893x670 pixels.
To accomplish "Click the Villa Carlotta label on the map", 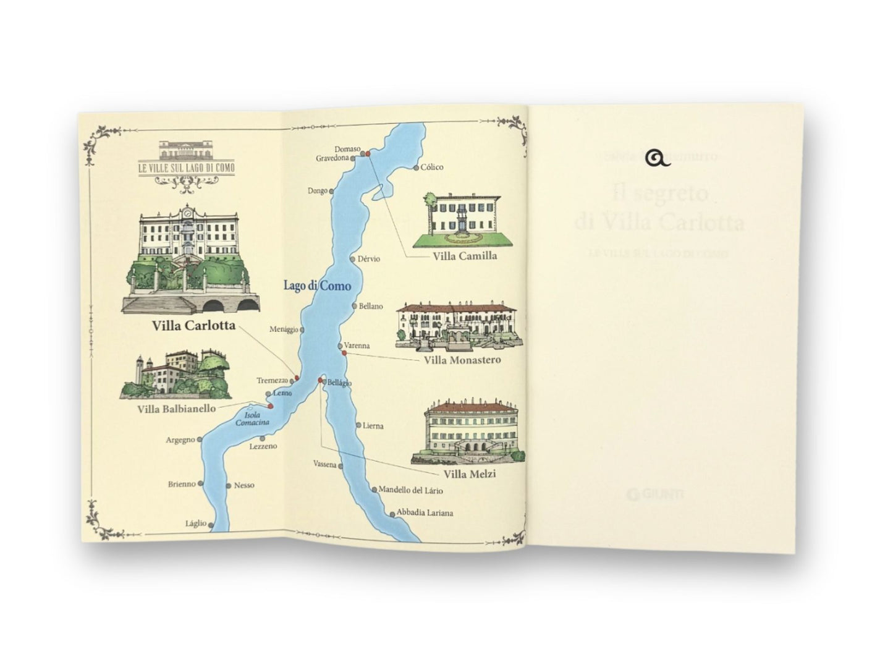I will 194,325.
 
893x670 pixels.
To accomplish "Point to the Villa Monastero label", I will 462,360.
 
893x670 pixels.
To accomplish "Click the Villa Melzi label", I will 470,475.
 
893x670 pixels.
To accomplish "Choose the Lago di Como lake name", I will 317,286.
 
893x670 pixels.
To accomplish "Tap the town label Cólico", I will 433,167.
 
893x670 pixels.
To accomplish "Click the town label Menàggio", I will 284,329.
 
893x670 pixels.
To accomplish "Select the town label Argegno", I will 180,440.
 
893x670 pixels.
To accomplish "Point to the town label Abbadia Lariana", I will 425,513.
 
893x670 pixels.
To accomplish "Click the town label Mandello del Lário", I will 410,490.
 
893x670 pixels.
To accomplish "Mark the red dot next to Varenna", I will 344,353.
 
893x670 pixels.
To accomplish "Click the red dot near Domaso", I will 366,153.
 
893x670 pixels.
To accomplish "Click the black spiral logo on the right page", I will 658,159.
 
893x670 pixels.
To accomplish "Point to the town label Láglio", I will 195,524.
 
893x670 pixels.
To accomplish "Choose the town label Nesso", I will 244,485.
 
